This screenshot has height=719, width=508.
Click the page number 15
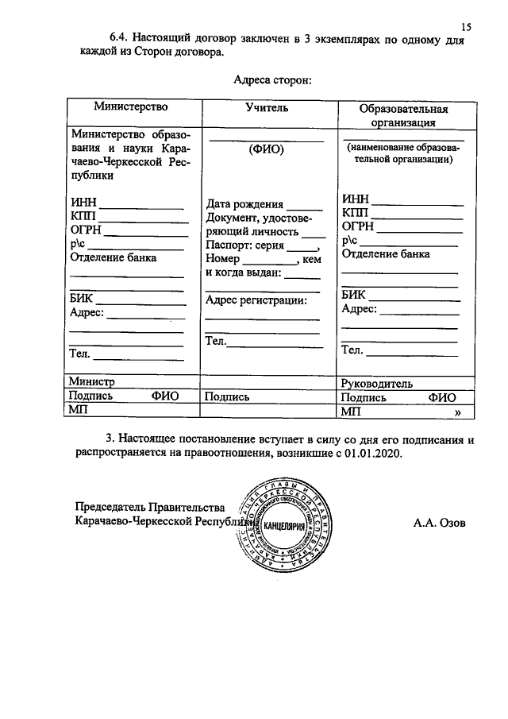[466, 27]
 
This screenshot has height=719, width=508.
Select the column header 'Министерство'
[131, 106]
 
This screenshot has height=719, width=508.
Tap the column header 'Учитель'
[267, 107]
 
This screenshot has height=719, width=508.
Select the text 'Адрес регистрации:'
[256, 300]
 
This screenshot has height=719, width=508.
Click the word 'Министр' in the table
[92, 382]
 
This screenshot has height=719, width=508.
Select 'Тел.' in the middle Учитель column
[216, 341]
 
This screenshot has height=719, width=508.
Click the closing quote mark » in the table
[457, 412]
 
